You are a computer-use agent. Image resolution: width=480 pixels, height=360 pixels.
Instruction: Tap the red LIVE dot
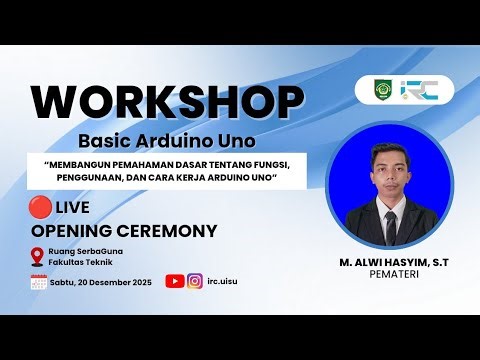[x=41, y=207]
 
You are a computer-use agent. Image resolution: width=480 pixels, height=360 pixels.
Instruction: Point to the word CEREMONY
[x=171, y=231]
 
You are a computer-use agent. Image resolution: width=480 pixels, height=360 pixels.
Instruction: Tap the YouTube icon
[x=174, y=282]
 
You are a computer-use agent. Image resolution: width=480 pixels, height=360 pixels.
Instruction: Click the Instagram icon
[x=196, y=282]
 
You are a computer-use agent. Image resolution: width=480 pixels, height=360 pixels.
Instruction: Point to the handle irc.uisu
[x=226, y=283]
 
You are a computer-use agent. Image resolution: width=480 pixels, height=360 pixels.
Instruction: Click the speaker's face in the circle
[x=390, y=164]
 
